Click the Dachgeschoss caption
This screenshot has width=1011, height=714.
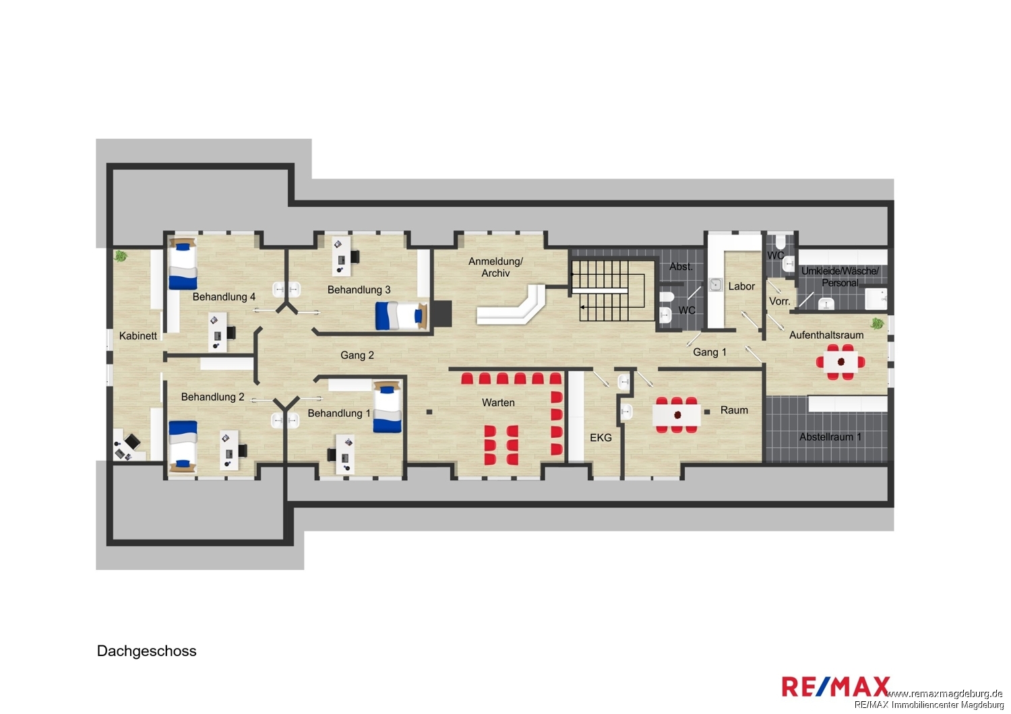click(147, 651)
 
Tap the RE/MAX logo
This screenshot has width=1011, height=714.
click(836, 687)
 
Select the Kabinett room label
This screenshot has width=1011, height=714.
click(138, 336)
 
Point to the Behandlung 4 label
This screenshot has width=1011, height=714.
click(224, 297)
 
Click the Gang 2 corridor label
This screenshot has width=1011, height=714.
click(357, 356)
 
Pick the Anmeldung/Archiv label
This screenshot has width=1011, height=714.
click(495, 267)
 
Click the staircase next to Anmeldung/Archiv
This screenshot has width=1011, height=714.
click(613, 290)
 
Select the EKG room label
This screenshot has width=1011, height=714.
click(601, 438)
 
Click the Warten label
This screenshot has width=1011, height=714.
click(498, 403)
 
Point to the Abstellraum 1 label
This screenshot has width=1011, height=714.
click(830, 437)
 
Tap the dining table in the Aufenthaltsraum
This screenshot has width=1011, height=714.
click(840, 362)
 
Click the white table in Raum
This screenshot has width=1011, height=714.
click(677, 416)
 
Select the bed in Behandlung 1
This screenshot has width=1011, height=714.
click(388, 407)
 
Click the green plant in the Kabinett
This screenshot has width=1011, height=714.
click(121, 256)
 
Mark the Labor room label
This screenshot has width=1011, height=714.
click(741, 286)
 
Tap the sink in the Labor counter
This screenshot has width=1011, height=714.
click(715, 285)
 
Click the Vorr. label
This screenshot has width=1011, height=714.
click(779, 301)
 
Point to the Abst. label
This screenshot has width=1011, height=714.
click(681, 267)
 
